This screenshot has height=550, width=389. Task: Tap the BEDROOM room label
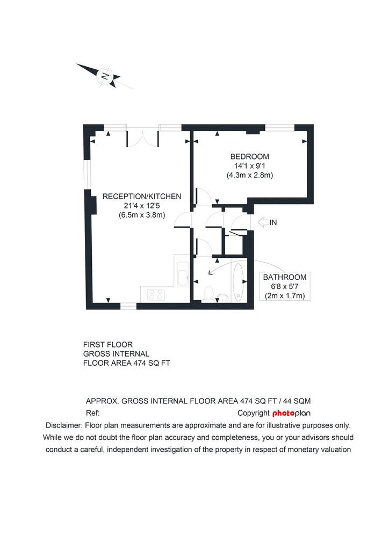[250, 156]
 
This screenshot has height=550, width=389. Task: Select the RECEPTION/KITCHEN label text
[142, 197]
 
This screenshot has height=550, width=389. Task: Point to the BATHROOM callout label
[285, 277]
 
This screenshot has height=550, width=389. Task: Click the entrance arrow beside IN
[263, 222]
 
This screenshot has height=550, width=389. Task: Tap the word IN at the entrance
[273, 222]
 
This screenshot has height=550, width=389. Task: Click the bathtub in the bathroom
[238, 283]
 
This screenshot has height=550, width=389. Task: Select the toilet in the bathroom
[208, 294]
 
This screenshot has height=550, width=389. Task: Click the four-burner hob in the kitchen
[156, 294]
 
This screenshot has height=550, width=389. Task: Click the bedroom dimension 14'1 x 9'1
[250, 165]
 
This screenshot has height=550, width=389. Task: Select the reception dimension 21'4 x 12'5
[142, 206]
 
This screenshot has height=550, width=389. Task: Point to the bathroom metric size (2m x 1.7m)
[285, 296]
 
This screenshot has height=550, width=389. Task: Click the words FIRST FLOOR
[107, 345]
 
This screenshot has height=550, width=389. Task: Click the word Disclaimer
[63, 425]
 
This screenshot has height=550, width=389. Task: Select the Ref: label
[92, 413]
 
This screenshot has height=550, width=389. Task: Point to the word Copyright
[253, 413]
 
